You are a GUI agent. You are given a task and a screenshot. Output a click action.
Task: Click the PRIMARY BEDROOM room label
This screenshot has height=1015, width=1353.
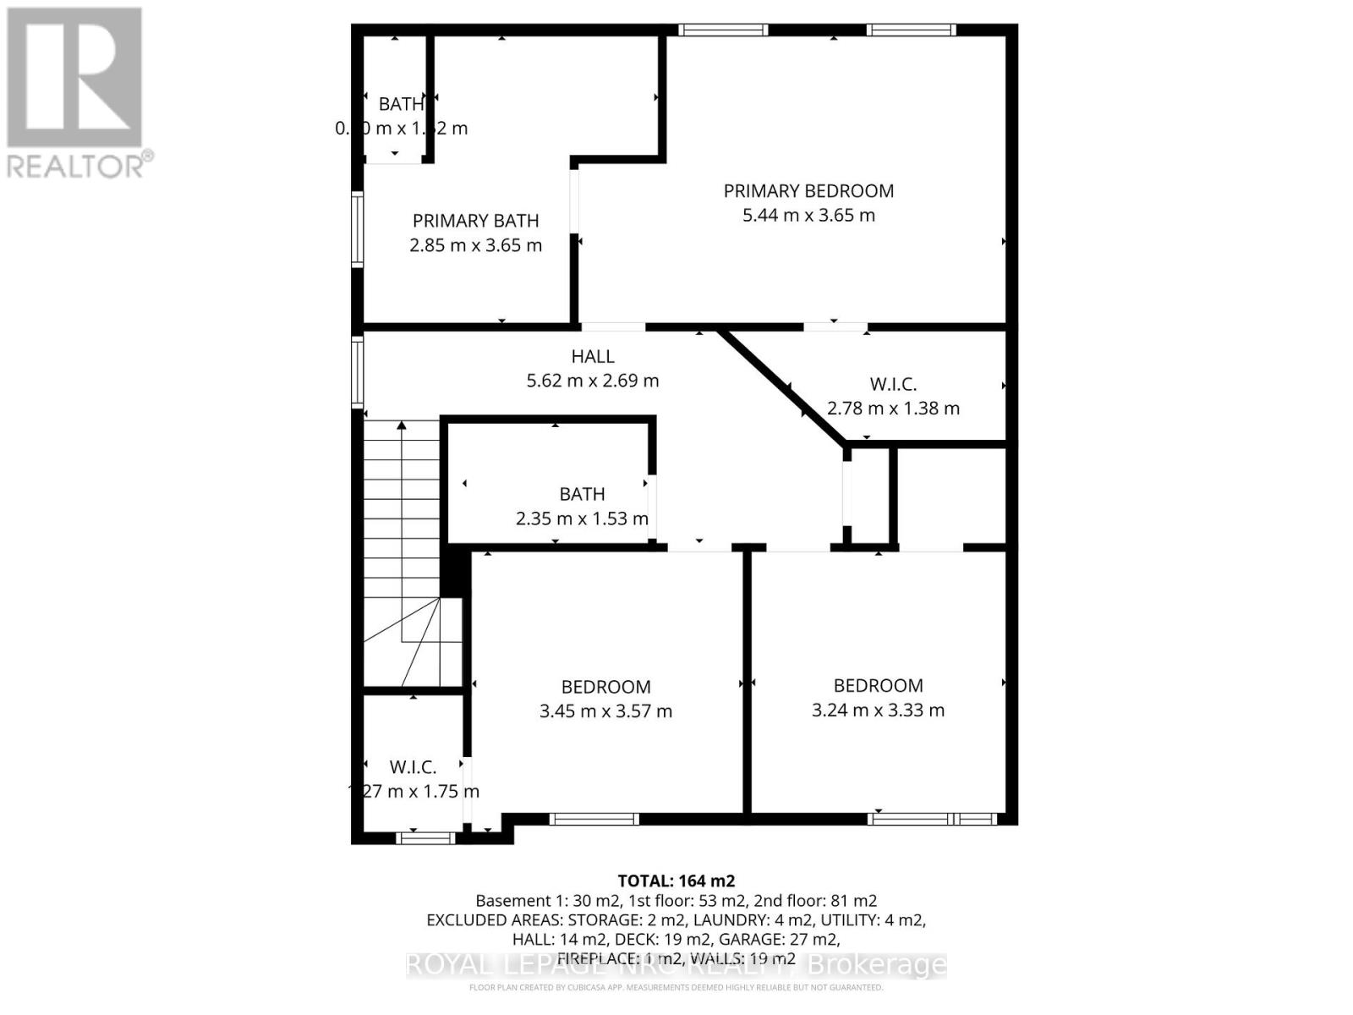[x=808, y=191]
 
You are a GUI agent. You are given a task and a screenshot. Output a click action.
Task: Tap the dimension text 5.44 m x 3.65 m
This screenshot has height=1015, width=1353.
[x=808, y=216]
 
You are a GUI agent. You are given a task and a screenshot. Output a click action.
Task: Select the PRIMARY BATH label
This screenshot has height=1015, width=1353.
[x=475, y=221]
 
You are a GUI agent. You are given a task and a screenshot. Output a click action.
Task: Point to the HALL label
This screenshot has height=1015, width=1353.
[x=593, y=357]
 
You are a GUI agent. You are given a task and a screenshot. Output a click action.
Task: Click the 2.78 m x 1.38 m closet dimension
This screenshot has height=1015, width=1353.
[x=893, y=409]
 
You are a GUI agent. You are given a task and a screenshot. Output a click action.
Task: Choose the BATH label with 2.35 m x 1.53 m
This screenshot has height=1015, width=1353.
[x=582, y=494]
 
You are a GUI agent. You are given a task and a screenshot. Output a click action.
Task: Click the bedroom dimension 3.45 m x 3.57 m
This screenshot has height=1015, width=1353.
[x=605, y=711]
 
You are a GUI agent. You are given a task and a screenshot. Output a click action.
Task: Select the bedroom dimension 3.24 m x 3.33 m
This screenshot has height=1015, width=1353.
[x=878, y=710]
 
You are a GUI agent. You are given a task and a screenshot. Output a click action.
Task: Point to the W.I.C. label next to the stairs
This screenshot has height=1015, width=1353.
[x=413, y=767]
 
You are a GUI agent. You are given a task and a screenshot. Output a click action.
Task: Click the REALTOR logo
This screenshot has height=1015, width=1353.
[x=76, y=93]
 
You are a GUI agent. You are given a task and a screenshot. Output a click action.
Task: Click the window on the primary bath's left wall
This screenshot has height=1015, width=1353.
[x=358, y=230]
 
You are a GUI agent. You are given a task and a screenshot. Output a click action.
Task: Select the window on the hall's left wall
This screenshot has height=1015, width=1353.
[x=358, y=372]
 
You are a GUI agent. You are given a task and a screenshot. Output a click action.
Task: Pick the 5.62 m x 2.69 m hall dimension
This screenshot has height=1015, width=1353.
[x=592, y=381]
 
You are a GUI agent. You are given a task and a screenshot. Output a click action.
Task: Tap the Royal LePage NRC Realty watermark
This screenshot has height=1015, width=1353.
[x=676, y=965]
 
